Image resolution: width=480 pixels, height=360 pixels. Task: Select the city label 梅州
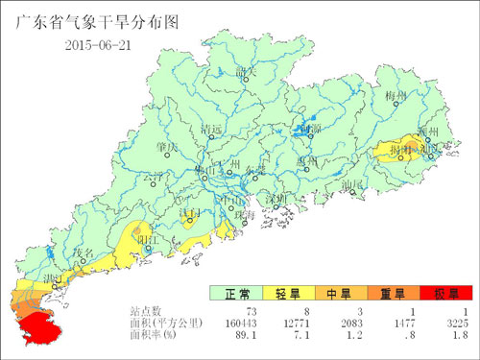[396, 97]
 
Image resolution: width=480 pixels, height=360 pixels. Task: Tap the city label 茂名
[84, 252]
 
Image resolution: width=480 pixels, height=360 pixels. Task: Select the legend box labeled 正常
[238, 293]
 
